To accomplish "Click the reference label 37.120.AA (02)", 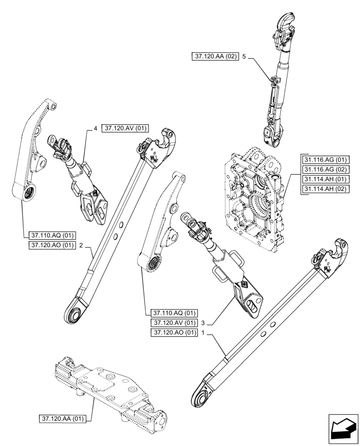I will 216,57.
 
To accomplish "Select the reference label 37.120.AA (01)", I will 65,419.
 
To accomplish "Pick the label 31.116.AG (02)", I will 325,170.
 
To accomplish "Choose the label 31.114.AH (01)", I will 325,179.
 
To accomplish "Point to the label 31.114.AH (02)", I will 325,189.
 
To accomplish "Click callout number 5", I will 244,57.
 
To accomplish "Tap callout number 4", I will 95,128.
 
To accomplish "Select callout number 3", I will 203,323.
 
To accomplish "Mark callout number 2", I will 81,245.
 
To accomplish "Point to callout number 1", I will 203,333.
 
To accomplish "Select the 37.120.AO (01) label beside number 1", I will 174,333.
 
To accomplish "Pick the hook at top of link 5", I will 285,23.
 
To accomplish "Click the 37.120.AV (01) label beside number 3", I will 174,323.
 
